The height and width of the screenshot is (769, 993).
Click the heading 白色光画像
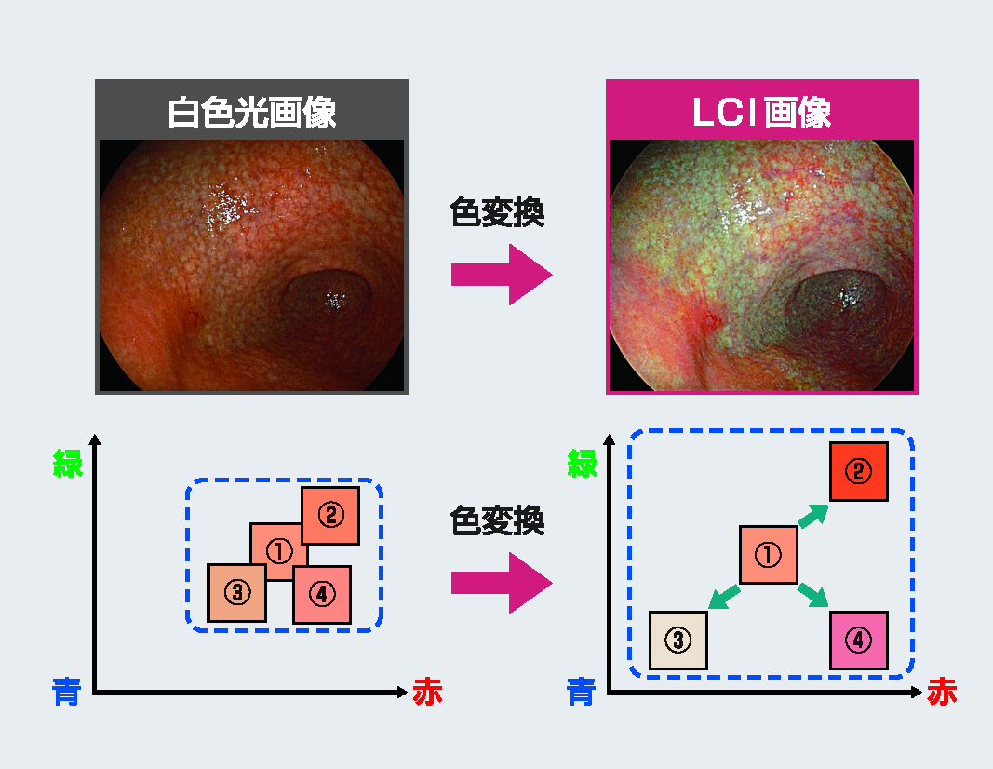coord(251,113)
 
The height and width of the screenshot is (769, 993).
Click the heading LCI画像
coord(762,113)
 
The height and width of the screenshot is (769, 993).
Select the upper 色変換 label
coord(497,212)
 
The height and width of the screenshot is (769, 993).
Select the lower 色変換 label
coord(497,520)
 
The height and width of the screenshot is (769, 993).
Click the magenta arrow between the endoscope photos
coord(502,275)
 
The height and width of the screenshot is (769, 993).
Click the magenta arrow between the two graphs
coord(502,583)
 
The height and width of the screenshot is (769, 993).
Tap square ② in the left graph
coord(330,516)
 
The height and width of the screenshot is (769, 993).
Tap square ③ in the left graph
coord(237,593)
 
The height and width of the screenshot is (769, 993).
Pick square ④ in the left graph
coord(322,595)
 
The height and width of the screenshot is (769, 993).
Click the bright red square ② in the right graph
coord(859,471)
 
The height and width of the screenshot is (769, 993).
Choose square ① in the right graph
coord(768,555)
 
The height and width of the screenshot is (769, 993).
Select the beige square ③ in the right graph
coord(678,641)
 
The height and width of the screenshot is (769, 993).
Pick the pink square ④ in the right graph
coord(859,641)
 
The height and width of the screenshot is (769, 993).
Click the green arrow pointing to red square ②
coord(813,515)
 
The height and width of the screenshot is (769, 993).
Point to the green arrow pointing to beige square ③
coord(724,596)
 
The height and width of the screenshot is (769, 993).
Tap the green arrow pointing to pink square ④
coord(813,596)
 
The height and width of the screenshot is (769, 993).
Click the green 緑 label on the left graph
coord(68,463)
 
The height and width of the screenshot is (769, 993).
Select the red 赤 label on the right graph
coord(942,691)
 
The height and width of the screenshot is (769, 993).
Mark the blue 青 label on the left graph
coord(66,691)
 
